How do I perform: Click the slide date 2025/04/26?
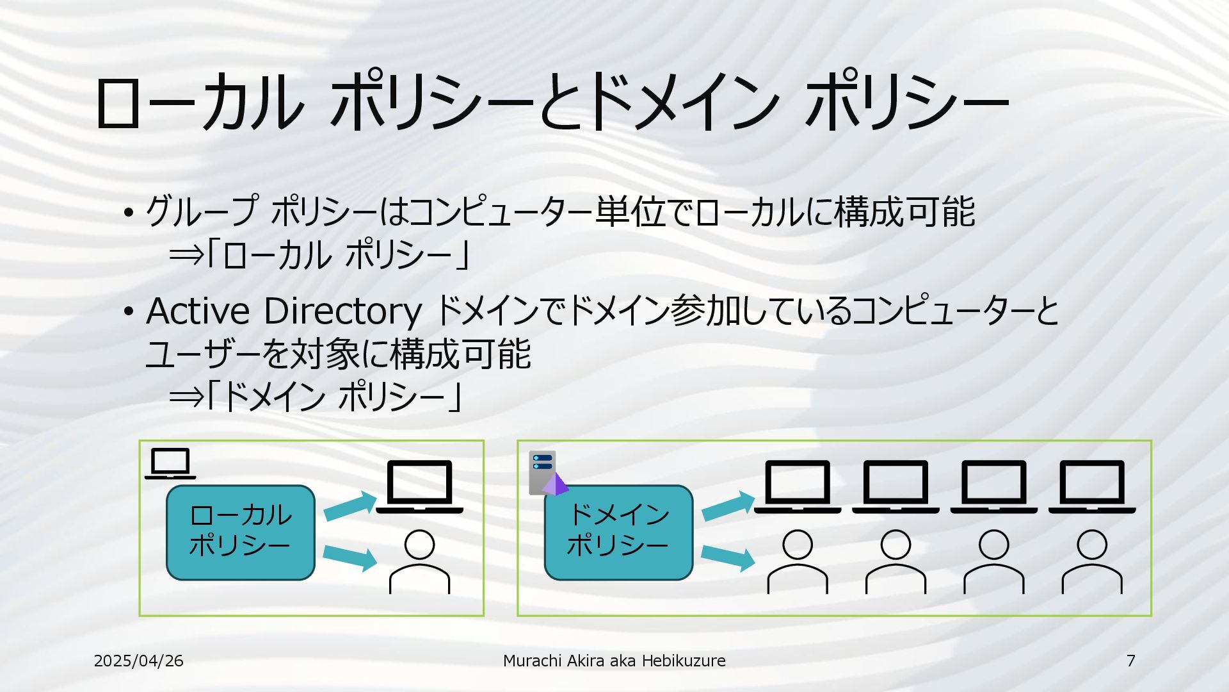(138, 661)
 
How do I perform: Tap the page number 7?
(1130, 661)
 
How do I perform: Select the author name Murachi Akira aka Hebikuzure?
(614, 661)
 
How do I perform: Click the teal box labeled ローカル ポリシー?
(241, 532)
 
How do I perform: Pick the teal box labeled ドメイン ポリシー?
(618, 532)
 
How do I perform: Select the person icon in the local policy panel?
(419, 562)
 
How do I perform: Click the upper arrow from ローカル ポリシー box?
(350, 506)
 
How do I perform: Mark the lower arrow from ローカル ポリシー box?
(350, 557)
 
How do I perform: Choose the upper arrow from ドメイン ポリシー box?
(728, 506)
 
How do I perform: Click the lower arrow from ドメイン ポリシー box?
(728, 557)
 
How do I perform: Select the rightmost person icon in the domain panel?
(1092, 562)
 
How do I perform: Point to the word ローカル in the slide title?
(198, 103)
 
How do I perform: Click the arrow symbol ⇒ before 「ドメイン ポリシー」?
(186, 398)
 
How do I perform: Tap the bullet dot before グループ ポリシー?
(129, 213)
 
